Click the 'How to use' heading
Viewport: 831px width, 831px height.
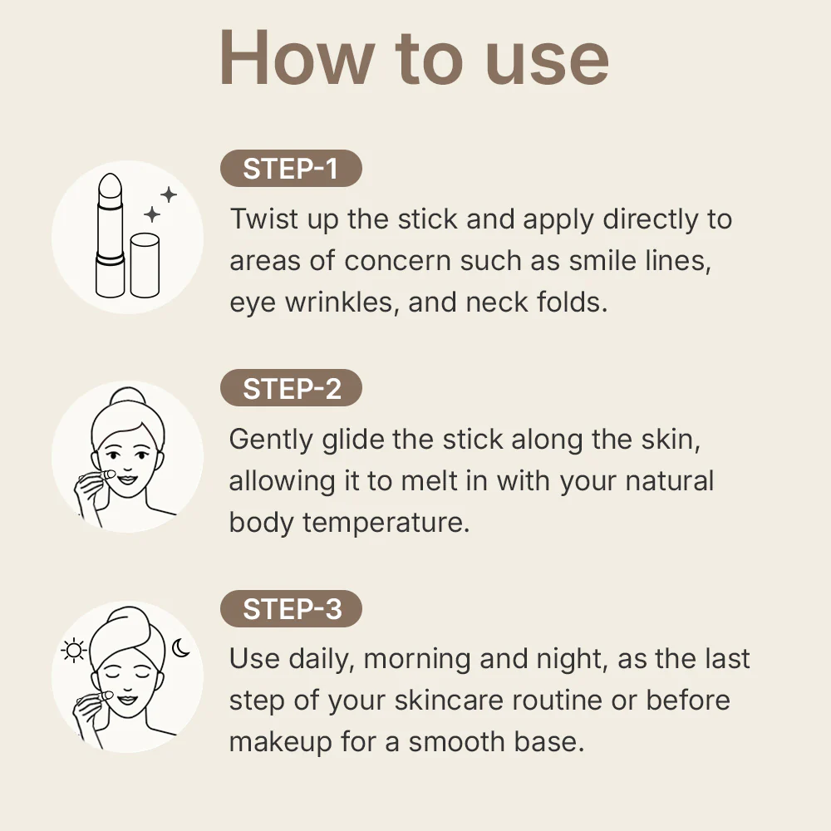pos(414,59)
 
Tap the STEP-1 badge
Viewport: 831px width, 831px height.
pos(291,169)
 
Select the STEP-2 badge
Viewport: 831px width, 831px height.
pos(291,389)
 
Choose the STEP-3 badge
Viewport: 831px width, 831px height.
pos(291,609)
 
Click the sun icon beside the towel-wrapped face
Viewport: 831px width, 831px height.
pos(74,651)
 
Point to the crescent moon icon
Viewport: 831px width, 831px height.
pos(181,647)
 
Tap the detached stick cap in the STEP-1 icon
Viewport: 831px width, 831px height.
pos(145,264)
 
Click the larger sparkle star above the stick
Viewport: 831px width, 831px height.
pos(169,195)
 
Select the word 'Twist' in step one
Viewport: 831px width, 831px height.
pos(261,219)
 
